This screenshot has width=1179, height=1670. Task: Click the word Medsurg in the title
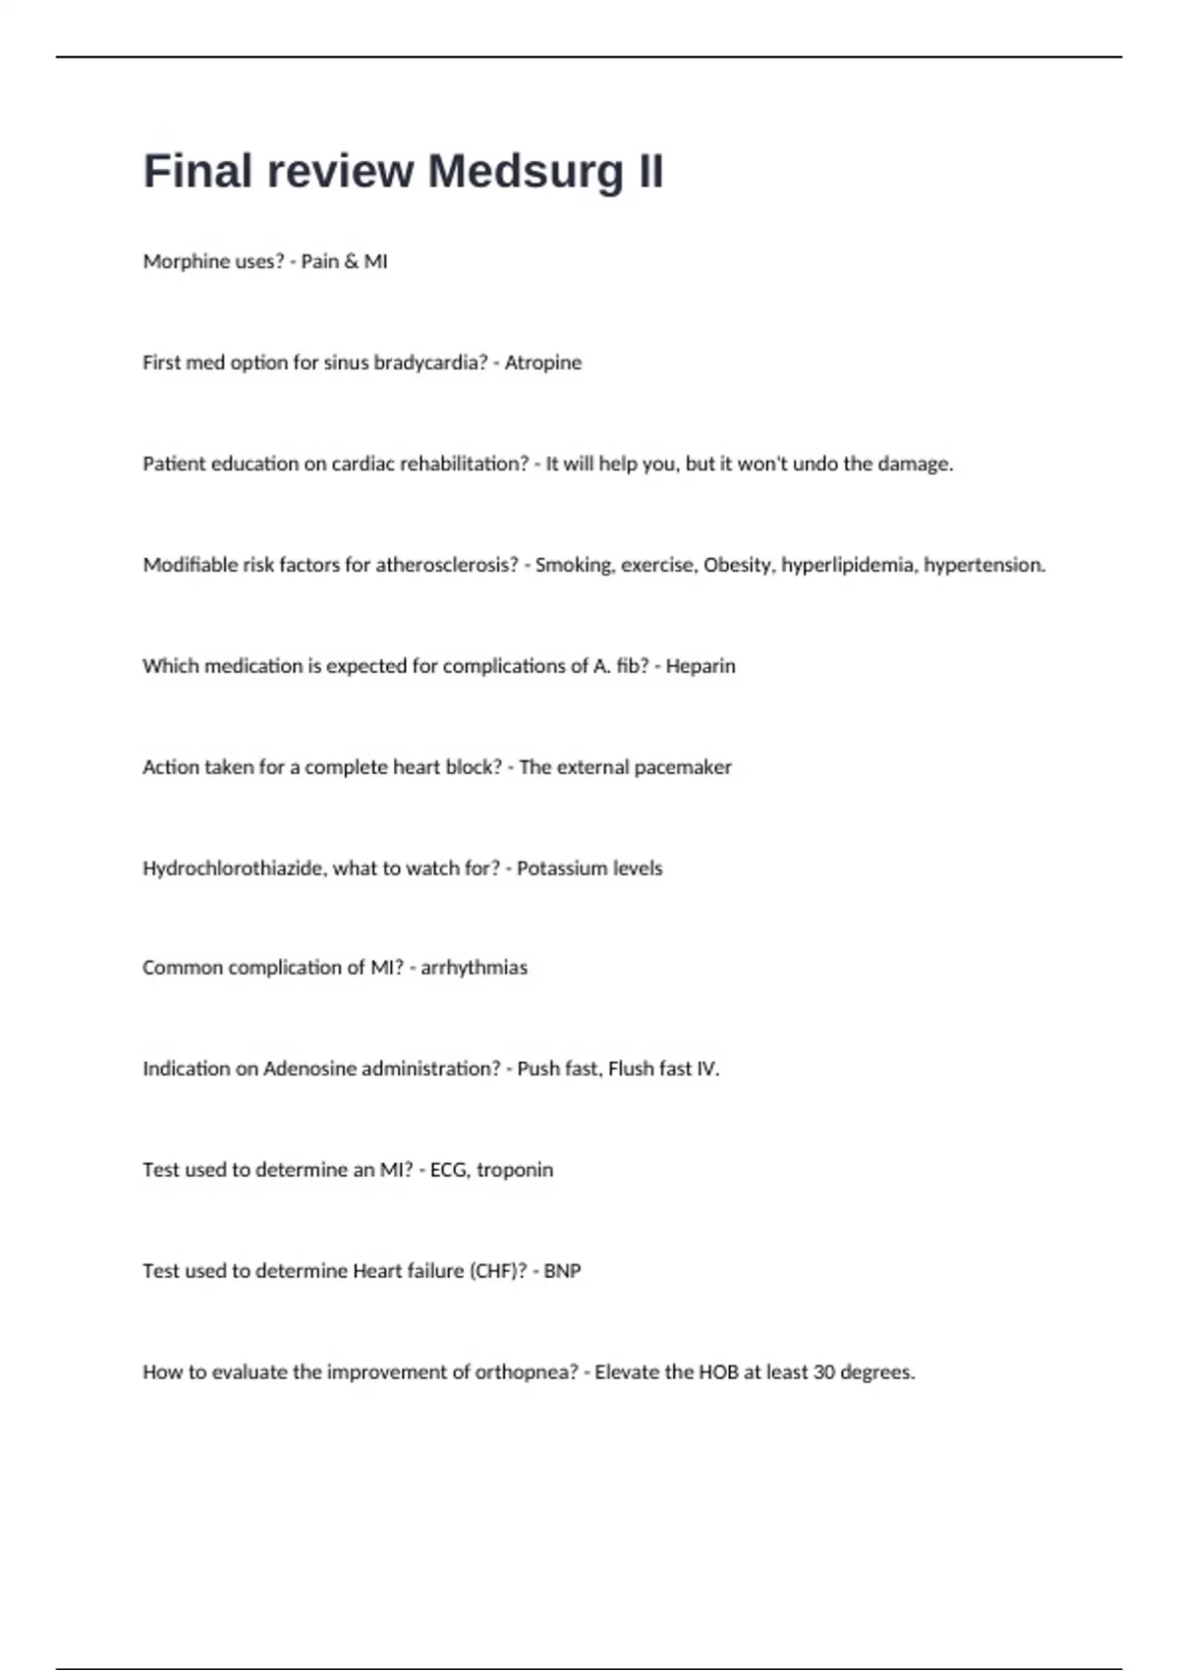[x=525, y=172]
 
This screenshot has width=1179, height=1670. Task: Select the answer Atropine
[x=542, y=362]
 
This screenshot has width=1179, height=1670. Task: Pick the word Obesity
[x=737, y=565]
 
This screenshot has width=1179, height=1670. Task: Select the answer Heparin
[x=701, y=666]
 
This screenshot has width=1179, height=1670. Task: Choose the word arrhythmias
[x=474, y=968]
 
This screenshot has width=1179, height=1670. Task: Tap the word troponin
[x=515, y=1170]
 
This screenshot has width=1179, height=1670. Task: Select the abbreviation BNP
[x=562, y=1271]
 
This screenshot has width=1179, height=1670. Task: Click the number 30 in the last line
[x=824, y=1372]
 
